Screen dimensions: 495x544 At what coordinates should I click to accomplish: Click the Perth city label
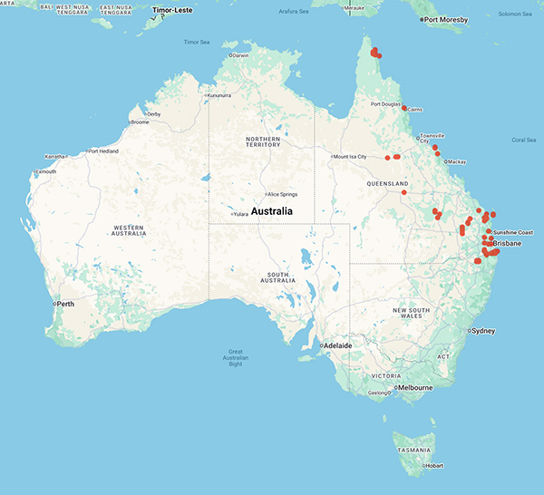65,303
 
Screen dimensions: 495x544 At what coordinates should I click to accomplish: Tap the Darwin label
240,55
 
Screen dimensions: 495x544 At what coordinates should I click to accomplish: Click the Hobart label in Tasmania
433,466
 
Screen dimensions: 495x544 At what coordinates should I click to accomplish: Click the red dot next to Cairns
404,108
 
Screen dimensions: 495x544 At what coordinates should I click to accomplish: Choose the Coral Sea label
523,140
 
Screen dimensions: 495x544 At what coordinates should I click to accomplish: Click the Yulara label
240,214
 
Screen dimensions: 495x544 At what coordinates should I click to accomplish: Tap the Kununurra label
221,95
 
